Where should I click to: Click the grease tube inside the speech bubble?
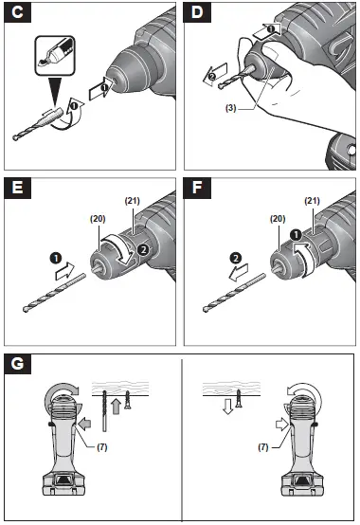click(48, 56)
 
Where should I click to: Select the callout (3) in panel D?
click(229, 135)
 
